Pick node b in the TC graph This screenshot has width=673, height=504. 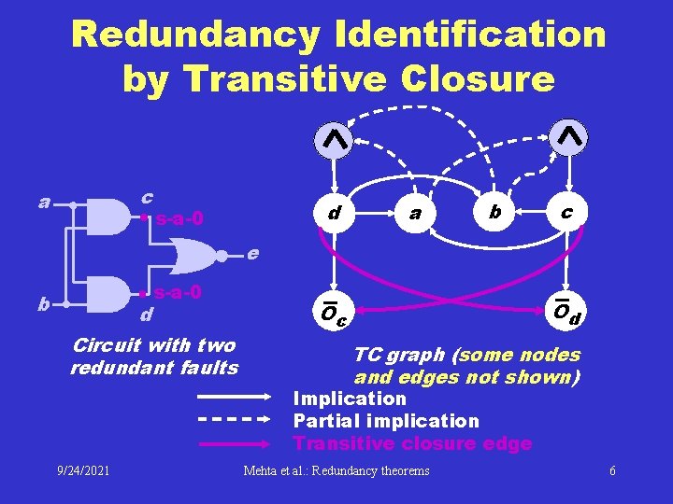pos(495,212)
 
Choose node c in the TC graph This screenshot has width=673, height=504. pos(566,212)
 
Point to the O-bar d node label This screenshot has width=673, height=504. pos(566,313)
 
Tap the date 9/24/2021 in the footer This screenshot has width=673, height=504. pos(82,470)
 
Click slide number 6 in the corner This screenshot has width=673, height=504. pos(612,470)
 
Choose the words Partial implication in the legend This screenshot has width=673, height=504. pos(386,421)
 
